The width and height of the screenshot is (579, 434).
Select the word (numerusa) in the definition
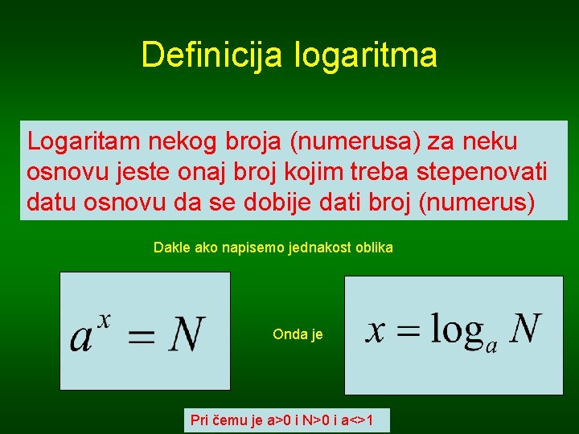coord(355,141)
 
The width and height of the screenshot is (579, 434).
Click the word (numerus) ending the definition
coord(477,203)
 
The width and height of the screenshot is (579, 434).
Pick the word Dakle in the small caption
coord(171,248)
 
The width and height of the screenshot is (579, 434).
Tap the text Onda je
coord(298,334)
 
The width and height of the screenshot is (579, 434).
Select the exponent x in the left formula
coord(103,319)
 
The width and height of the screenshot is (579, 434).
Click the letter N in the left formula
coord(187,334)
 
